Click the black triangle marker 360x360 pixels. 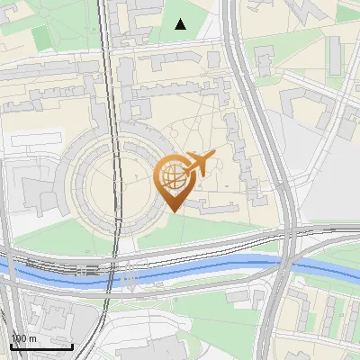point(181,24)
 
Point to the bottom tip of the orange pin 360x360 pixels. point(172,211)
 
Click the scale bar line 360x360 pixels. point(41,347)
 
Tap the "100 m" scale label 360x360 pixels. point(23,338)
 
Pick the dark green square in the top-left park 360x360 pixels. point(41,38)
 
